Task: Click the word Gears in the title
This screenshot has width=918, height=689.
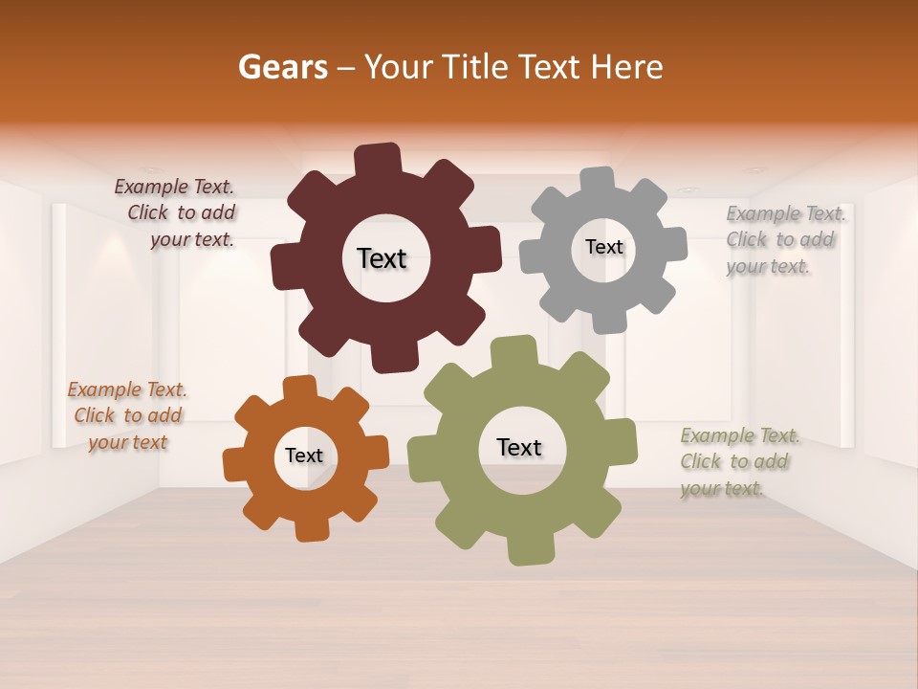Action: pos(282,67)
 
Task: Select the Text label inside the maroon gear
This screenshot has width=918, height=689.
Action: pos(382,258)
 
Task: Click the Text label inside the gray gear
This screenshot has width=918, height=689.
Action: pos(603,247)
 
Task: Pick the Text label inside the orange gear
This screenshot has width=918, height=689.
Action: pos(304,456)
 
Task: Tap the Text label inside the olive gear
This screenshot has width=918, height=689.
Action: pos(519,447)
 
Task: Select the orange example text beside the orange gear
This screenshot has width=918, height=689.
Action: pos(127,415)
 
